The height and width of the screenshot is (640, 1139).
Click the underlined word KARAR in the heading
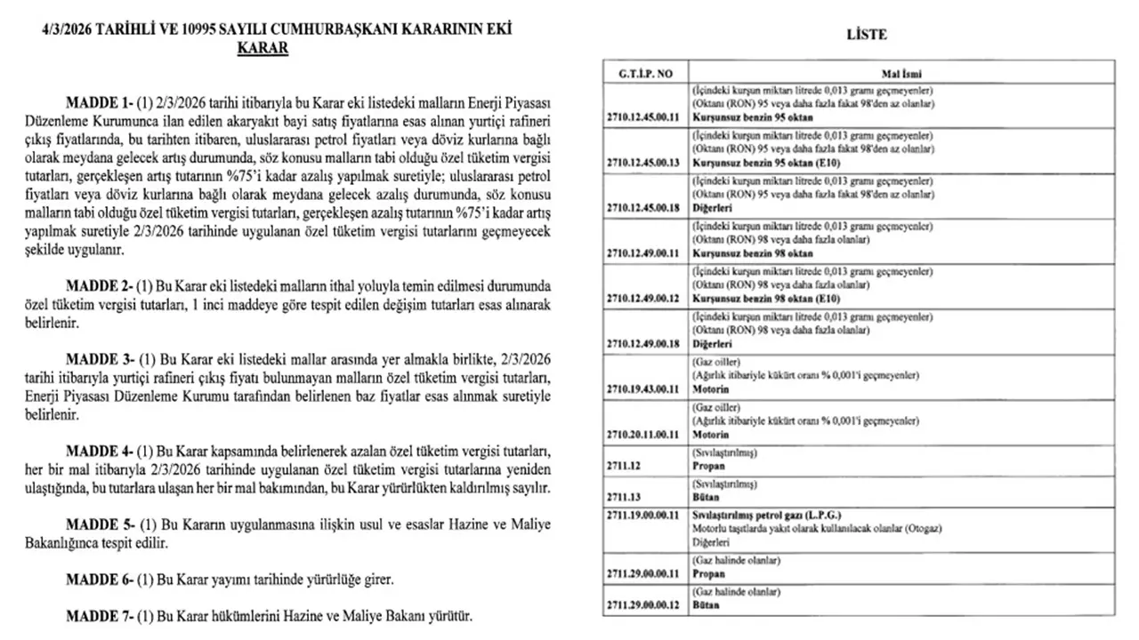[x=263, y=48]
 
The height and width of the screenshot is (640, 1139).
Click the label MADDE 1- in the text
[x=99, y=102]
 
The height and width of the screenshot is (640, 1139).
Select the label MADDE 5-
[x=99, y=524]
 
